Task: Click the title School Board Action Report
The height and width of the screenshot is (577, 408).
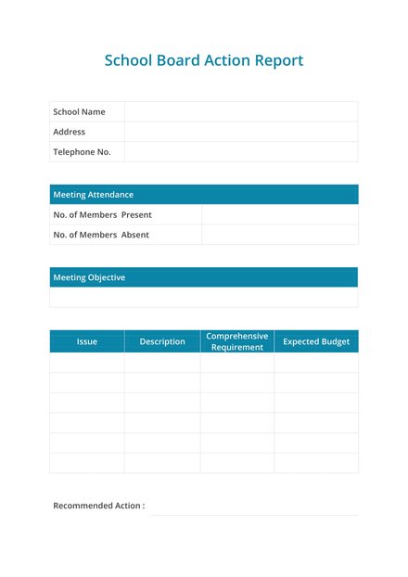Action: pos(203,61)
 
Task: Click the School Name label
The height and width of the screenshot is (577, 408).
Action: pos(79,112)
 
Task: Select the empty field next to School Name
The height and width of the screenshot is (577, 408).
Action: pos(241,112)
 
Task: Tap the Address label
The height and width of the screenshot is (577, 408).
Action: pos(69,132)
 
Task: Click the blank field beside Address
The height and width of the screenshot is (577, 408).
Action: pos(241,132)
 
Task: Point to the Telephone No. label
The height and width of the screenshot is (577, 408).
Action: pos(82,152)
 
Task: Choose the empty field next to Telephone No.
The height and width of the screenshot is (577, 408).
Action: pos(241,152)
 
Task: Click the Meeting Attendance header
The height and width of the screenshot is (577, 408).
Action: pos(93,195)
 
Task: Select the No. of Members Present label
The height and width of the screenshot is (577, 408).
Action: pos(102,215)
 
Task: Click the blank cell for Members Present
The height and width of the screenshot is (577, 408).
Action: pos(279,215)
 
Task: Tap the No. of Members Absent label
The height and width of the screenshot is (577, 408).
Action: pos(101,235)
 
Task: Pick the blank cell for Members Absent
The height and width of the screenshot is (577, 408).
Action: pos(279,235)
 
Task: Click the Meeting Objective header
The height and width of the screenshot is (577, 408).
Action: pos(89,277)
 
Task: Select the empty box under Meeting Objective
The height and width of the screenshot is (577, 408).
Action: pos(203,298)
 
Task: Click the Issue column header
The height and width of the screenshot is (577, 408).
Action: pos(86,341)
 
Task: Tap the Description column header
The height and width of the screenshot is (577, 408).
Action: pos(162,341)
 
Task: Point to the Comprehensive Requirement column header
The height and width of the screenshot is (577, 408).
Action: pos(236,341)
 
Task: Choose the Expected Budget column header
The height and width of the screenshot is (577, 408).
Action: pos(316,341)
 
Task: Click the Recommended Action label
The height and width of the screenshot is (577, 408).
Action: pos(98,506)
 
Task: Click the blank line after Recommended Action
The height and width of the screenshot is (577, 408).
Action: pos(253,508)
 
